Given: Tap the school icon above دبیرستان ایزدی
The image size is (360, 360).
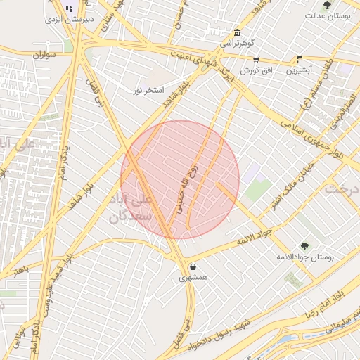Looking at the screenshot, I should point(68,8).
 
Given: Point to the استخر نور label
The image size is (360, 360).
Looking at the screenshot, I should point(148,91).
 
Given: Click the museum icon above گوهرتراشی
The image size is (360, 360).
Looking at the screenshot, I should point(237,32).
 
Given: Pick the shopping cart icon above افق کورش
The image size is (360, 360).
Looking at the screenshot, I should point(255,60).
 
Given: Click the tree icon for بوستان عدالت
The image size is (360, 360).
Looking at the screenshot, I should point(327,5).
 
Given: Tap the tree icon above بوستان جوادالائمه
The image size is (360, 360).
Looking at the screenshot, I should point(304,245).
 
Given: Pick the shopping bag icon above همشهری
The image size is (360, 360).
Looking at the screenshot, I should point(193,266).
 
